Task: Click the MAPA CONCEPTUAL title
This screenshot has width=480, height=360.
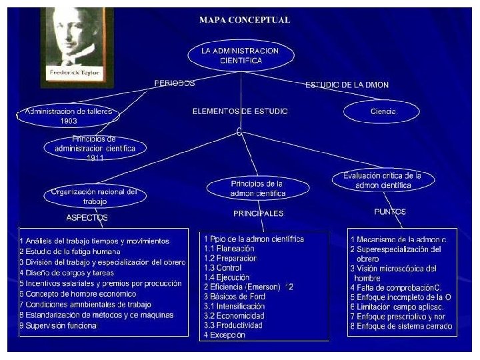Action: [245, 20]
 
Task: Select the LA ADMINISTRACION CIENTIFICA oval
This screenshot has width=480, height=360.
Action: [240, 55]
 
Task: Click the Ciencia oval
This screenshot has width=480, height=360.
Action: [383, 112]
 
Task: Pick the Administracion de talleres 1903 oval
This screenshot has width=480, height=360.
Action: [69, 116]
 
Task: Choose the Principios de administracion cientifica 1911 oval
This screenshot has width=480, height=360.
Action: [95, 147]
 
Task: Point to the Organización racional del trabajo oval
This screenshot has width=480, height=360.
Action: [95, 195]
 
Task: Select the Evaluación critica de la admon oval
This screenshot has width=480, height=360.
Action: [382, 180]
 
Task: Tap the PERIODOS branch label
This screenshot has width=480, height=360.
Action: [175, 84]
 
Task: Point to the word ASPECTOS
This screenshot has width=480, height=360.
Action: [87, 217]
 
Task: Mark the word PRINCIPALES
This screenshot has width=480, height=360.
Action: [258, 214]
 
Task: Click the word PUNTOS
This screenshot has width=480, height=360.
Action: [390, 211]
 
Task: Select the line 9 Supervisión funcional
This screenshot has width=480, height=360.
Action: [59, 326]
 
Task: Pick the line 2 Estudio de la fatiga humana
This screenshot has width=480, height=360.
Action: [70, 251]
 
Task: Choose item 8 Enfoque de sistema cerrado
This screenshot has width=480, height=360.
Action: [401, 326]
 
